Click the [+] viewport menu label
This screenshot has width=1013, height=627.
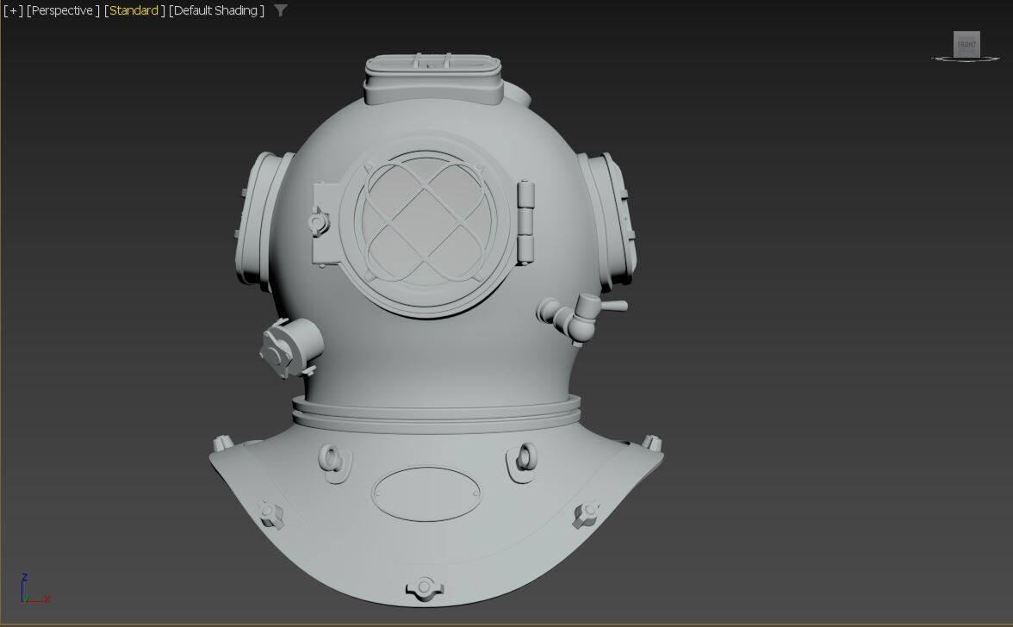[x=13, y=10]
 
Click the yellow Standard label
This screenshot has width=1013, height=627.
[x=134, y=10]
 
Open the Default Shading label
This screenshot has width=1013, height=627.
[x=216, y=10]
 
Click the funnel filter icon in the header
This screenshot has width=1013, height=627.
[x=281, y=10]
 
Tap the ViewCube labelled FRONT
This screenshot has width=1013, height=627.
[x=966, y=44]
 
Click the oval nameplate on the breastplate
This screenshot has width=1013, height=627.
[x=426, y=494]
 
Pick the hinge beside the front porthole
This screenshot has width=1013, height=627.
[x=525, y=222]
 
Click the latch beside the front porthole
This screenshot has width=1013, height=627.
[x=319, y=222]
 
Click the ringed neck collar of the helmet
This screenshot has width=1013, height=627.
[x=435, y=409]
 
